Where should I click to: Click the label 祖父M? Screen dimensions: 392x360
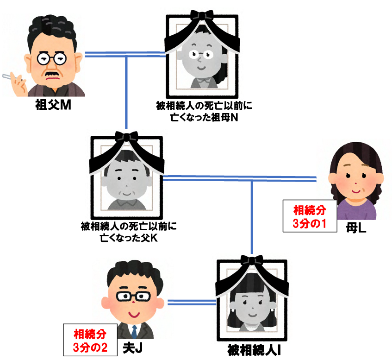(53, 105)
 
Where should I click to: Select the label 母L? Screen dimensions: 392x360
(356, 228)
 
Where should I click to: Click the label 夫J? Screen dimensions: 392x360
(132, 347)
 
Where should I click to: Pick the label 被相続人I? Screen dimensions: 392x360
(254, 350)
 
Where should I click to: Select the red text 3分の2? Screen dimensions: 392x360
(90, 347)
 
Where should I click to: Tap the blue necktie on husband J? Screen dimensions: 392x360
(134, 331)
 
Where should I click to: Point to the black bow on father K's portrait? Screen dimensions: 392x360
(126, 136)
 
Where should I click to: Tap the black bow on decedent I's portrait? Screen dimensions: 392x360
(252, 260)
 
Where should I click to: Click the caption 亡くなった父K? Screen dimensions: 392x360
(129, 238)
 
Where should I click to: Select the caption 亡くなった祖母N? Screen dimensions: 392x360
(204, 117)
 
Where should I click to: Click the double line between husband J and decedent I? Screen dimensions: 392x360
(192, 303)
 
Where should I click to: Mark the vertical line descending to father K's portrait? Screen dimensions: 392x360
(126, 93)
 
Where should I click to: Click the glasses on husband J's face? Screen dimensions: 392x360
(133, 296)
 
